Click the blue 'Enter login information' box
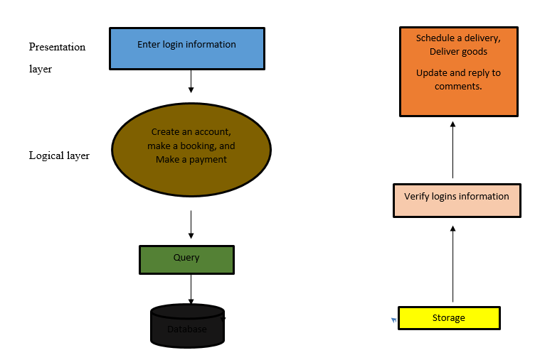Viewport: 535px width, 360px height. [x=186, y=48]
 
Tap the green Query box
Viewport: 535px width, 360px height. [x=186, y=259]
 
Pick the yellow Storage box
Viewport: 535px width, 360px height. [x=449, y=318]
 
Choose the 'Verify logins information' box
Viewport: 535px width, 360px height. [x=457, y=200]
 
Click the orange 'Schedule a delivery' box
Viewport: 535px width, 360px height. [x=458, y=71]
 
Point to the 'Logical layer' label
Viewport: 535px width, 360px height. [x=59, y=156]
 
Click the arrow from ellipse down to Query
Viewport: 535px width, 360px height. [x=191, y=224]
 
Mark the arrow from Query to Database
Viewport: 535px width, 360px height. [x=191, y=289]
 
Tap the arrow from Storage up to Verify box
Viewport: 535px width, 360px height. [x=453, y=263]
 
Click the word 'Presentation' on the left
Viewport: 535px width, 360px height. [x=57, y=48]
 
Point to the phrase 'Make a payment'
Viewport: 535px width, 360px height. [x=191, y=160]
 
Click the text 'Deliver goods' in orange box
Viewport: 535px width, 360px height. [x=458, y=52]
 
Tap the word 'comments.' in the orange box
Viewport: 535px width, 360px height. [x=459, y=86]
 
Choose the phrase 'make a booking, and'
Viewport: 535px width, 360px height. [x=191, y=146]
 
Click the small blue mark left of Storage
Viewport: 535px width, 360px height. [x=393, y=320]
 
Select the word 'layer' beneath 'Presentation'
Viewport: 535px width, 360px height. [x=41, y=70]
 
